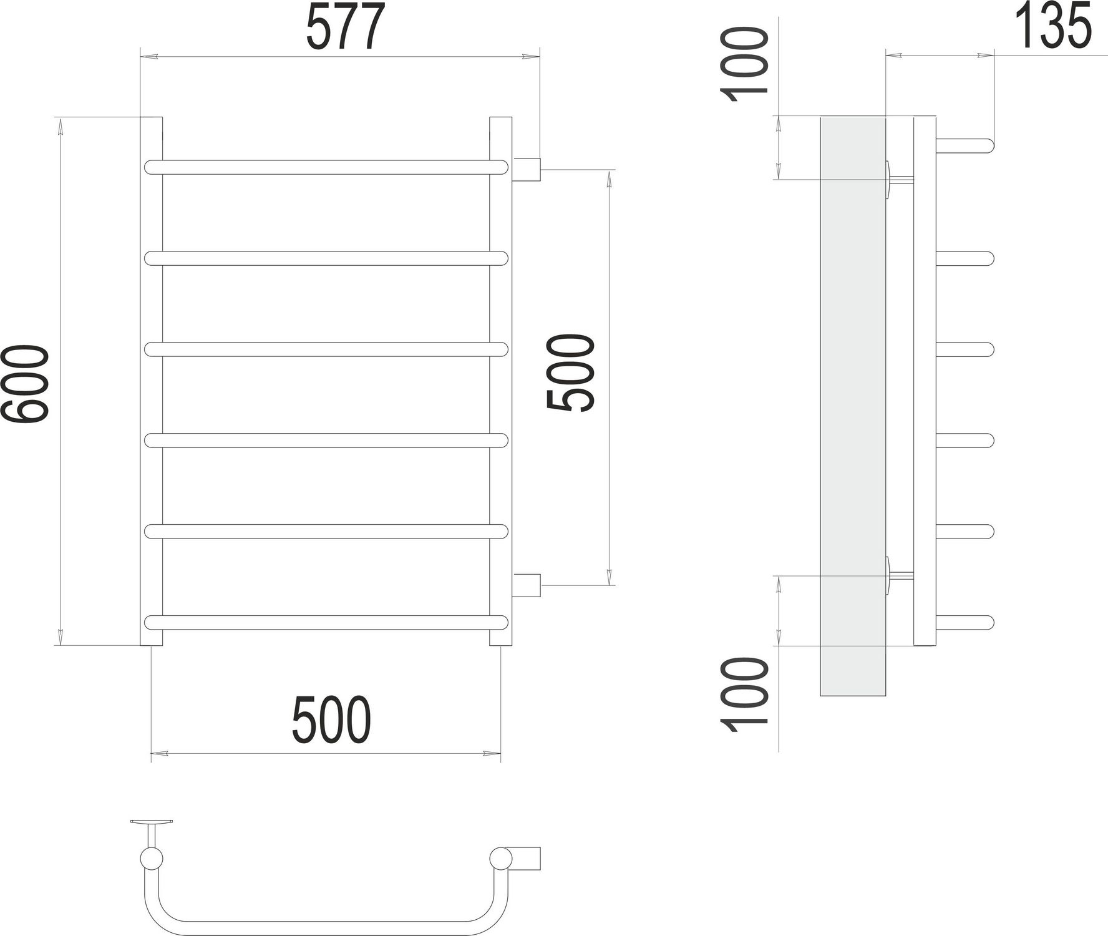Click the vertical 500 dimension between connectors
(x=570, y=373)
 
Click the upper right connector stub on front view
(x=527, y=168)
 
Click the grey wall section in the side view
(x=852, y=406)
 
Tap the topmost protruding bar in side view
(x=964, y=145)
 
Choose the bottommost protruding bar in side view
(x=964, y=622)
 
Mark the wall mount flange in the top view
(x=152, y=822)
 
